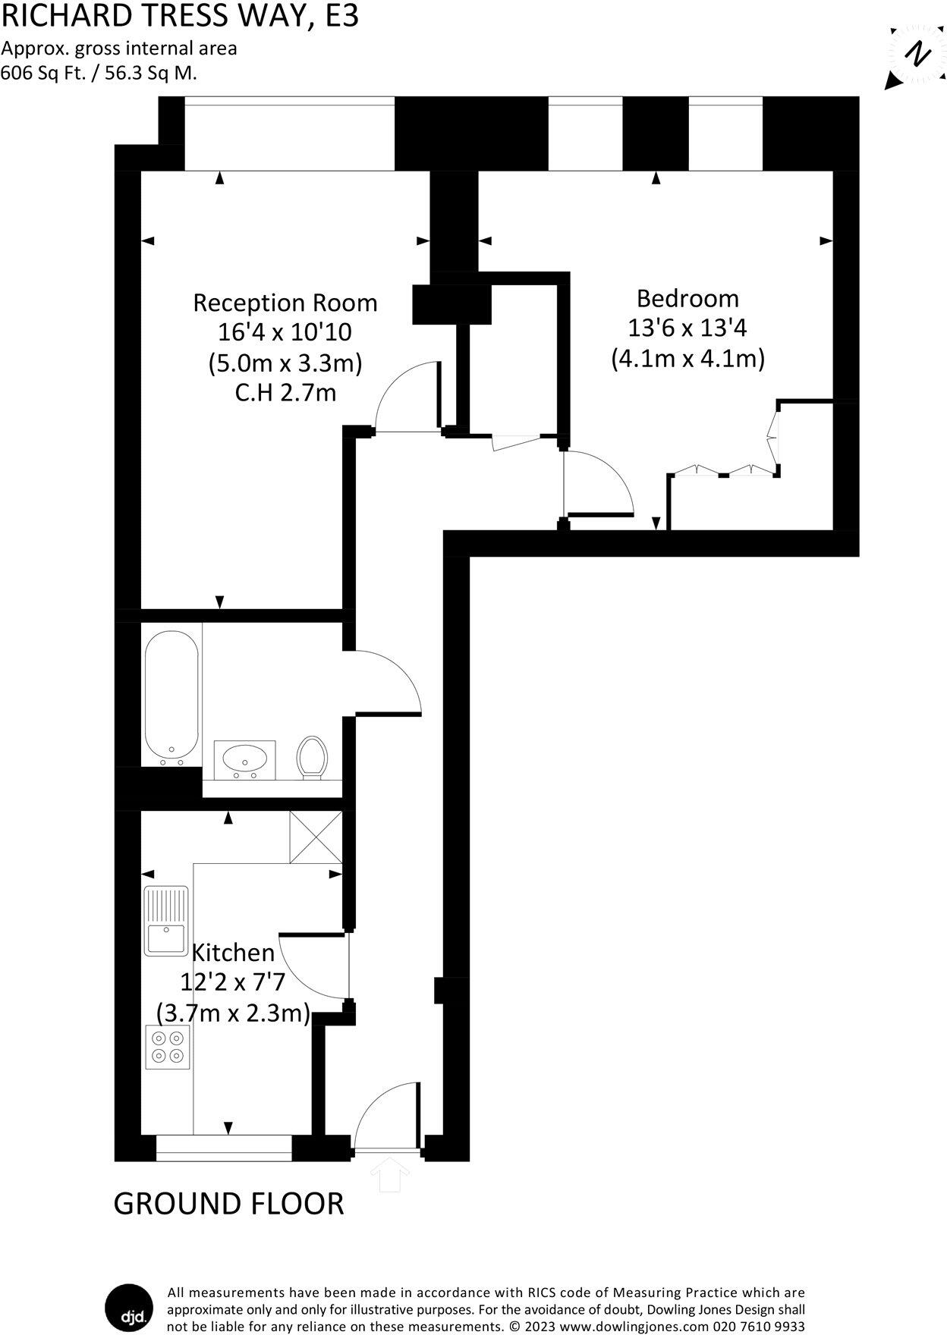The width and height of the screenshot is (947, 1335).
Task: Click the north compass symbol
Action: click(919, 55)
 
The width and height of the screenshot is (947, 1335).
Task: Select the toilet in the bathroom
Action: click(310, 756)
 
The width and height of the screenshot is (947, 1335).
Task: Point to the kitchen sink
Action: click(166, 920)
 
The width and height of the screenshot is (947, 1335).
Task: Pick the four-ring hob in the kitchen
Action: click(168, 1047)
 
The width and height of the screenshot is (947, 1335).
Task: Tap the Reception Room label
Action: click(285, 303)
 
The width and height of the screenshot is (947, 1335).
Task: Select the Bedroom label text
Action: click(687, 298)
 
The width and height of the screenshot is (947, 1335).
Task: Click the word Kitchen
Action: click(234, 953)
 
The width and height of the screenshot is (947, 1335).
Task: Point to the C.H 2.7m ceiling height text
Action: click(285, 393)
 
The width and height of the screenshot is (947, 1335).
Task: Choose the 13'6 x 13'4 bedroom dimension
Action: click(687, 328)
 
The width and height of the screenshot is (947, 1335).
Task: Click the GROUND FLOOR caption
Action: click(228, 1204)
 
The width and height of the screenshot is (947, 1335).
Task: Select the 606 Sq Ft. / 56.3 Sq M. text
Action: click(99, 74)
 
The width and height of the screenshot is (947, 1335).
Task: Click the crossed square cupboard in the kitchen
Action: click(316, 837)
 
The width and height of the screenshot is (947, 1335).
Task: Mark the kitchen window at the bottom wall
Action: click(224, 1148)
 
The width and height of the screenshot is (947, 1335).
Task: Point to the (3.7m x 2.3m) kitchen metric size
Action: click(234, 1013)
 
